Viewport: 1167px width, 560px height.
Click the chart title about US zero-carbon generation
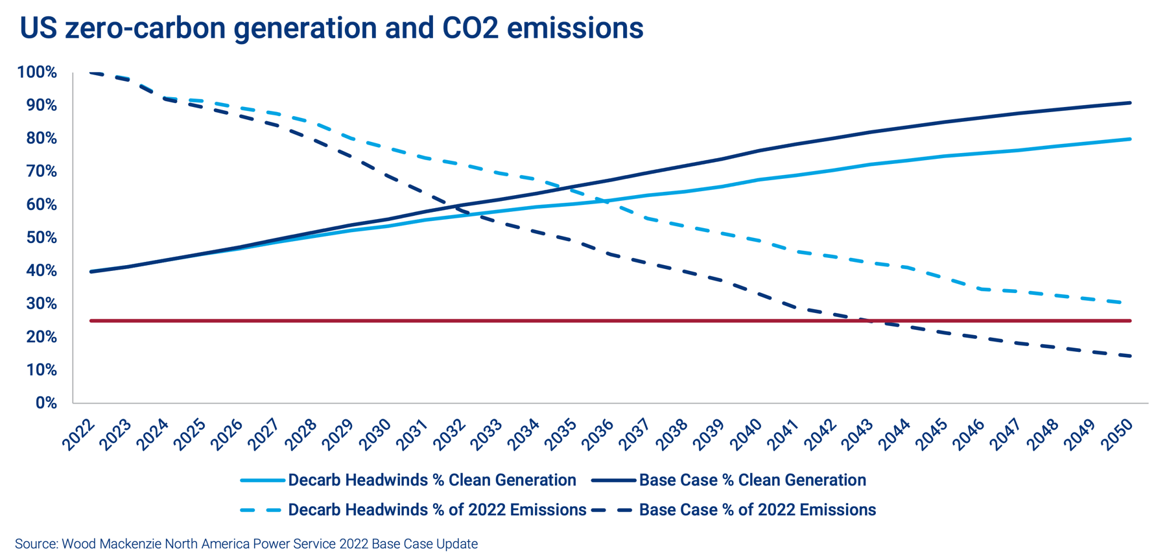(331, 29)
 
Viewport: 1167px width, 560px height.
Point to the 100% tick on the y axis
(37, 72)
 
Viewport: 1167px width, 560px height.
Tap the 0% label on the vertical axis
(46, 402)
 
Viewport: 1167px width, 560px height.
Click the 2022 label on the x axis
(79, 434)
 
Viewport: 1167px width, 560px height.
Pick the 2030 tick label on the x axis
(375, 434)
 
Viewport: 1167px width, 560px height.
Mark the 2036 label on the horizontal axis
(598, 434)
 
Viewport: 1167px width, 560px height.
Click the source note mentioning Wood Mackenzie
(246, 543)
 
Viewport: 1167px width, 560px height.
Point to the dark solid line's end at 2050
(1131, 102)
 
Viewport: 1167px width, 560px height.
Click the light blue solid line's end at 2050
(1131, 139)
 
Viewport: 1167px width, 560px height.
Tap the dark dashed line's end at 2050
(1131, 356)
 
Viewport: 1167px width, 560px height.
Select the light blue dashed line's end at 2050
(1131, 303)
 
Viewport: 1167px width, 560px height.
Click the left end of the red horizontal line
(91, 321)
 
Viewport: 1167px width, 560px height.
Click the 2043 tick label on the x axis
(857, 434)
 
